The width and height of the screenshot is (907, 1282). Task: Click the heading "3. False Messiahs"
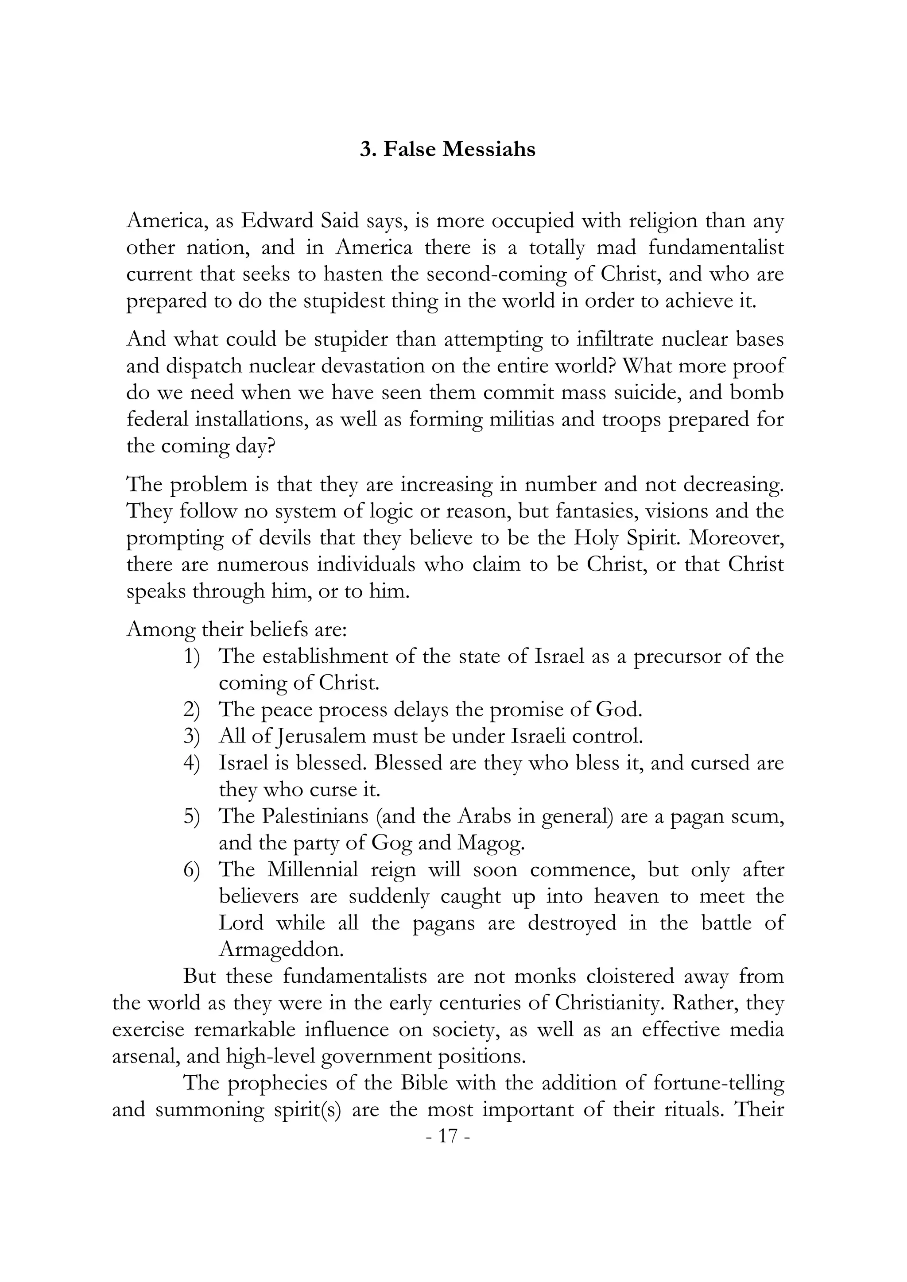coord(447,150)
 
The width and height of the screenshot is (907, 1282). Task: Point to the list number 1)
coord(192,656)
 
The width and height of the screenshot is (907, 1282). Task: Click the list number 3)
coord(192,737)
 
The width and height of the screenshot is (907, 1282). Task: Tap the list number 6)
coord(192,870)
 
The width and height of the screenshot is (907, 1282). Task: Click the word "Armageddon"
coord(281,950)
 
